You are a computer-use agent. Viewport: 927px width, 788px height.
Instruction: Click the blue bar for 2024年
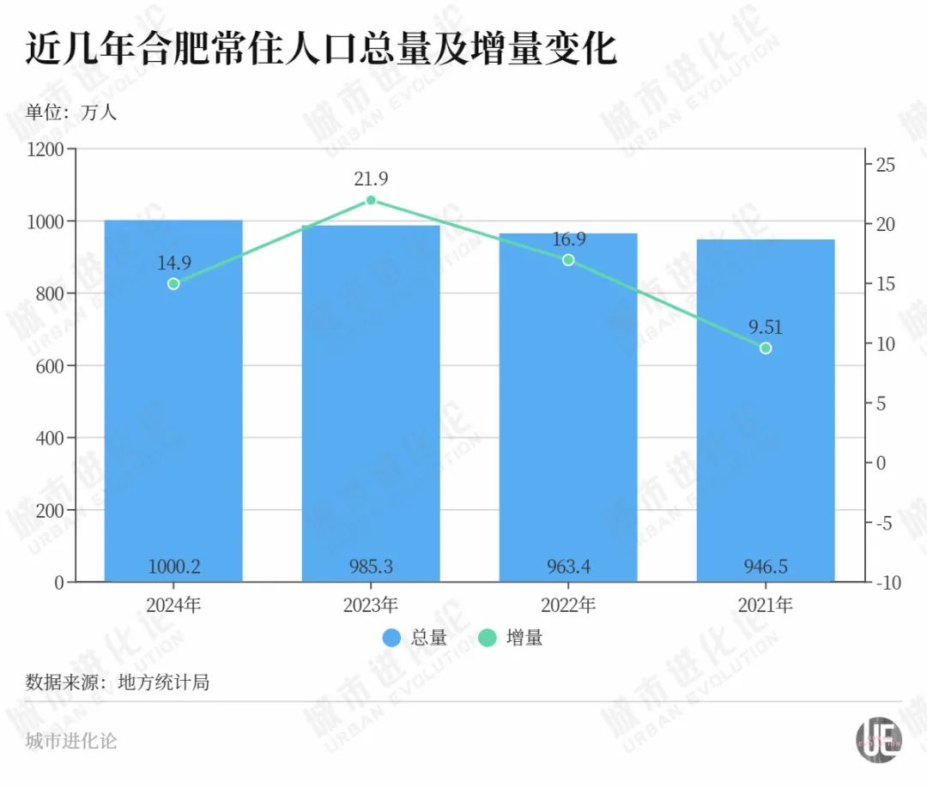coord(173,429)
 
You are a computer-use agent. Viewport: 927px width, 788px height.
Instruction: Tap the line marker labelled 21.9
coord(371,200)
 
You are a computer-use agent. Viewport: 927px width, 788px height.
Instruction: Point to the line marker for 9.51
coord(766,348)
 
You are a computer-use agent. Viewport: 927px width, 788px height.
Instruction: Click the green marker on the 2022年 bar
coord(568,260)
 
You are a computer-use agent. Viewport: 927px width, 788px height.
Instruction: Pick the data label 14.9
coord(173,263)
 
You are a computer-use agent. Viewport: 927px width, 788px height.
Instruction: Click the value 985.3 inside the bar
coord(371,567)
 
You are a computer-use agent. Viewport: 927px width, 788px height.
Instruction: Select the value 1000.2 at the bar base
coord(173,567)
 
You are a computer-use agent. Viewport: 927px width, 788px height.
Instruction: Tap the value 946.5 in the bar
coord(766,567)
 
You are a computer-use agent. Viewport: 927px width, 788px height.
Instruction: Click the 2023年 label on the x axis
coord(371,605)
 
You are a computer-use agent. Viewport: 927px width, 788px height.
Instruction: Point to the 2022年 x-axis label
coord(568,605)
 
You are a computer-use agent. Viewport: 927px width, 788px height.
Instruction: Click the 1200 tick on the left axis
coord(47,149)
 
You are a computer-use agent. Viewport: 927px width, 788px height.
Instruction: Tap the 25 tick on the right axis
coord(885,165)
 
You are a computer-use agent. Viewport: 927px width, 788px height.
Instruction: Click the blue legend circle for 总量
coord(392,638)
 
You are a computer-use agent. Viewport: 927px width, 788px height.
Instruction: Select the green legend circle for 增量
coord(488,638)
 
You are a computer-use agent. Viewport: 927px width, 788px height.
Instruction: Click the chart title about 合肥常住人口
coord(321,50)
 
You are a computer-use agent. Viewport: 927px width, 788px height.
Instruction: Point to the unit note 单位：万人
coord(70,112)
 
